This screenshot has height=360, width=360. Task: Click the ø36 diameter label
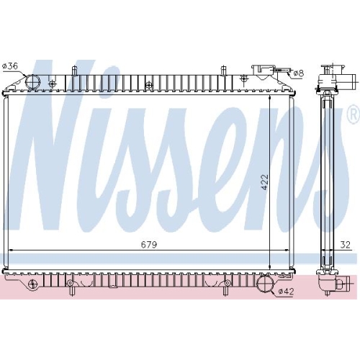click(x=10, y=66)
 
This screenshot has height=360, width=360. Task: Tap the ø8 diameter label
click(x=298, y=73)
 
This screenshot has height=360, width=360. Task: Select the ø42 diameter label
click(x=286, y=292)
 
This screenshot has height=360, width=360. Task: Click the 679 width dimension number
click(x=149, y=245)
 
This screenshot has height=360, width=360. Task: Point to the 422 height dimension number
click(x=265, y=182)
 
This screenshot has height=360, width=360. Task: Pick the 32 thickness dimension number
click(x=346, y=245)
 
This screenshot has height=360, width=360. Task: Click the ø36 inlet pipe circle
click(x=32, y=82)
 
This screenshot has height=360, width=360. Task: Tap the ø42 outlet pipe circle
click(x=265, y=284)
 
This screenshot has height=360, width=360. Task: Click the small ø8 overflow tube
click(x=282, y=70)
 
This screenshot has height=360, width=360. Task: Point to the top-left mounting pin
click(x=74, y=71)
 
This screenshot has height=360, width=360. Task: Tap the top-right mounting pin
click(x=223, y=71)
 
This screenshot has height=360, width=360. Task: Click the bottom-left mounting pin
click(x=71, y=290)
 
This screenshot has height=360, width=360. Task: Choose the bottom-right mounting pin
click(x=225, y=290)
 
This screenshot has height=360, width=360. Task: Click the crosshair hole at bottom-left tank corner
click(x=32, y=284)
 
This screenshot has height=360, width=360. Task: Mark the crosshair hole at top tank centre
click(x=149, y=85)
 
